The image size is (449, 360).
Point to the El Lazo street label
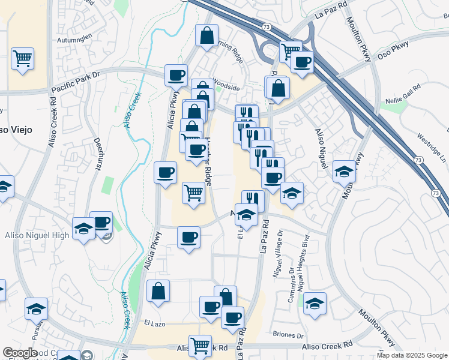coord(154,323)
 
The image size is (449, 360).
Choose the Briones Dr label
coord(288,335)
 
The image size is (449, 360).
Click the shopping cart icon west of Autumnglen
coord(23,59)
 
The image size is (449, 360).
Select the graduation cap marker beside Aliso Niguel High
coord(83,228)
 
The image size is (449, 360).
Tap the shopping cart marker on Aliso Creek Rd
coord(200,345)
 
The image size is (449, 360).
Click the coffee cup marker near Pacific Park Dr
coord(176,75)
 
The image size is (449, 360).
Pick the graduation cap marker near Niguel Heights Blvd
coord(314,303)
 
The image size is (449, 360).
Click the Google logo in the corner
coord(20,353)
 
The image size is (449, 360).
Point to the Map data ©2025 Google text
coord(412,355)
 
